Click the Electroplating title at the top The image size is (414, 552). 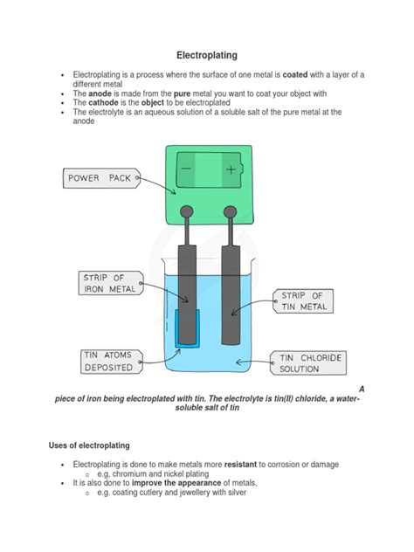[206, 54]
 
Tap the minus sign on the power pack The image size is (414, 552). [187, 170]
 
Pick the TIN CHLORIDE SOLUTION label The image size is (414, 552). [311, 363]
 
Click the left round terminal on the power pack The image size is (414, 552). [187, 211]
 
